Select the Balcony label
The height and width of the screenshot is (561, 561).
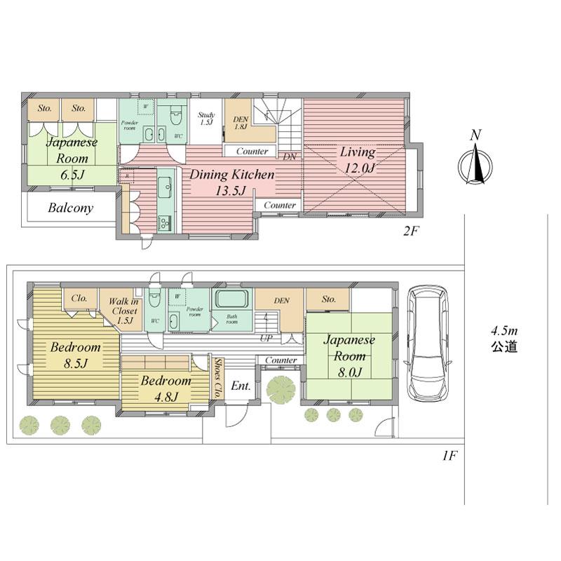(71, 208)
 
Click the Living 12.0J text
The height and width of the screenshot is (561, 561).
(357, 160)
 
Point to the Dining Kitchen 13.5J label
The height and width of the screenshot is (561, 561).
(232, 181)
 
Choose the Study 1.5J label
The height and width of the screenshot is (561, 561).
(205, 119)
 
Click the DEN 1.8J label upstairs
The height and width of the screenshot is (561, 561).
(240, 123)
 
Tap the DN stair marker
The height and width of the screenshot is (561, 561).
(290, 156)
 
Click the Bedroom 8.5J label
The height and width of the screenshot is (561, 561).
(75, 355)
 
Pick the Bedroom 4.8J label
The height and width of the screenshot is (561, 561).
(165, 388)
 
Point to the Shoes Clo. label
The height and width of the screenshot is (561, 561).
(219, 378)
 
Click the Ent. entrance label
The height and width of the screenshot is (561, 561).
(241, 386)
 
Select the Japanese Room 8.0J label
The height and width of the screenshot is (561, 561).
(349, 356)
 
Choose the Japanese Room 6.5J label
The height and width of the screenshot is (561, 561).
(70, 158)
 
